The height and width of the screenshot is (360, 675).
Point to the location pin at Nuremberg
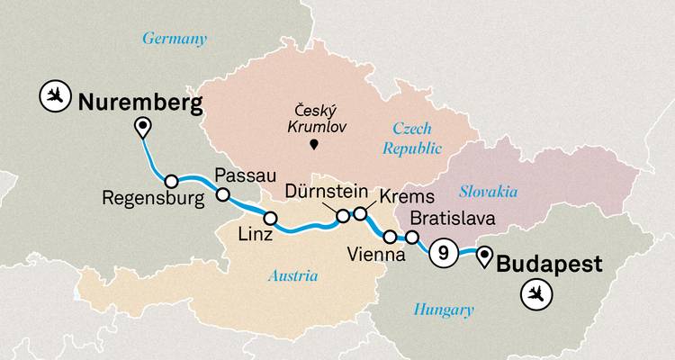pyautogui.click(x=141, y=128)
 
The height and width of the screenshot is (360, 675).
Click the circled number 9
pyautogui.click(x=442, y=254)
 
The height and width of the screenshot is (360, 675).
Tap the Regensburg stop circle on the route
pyautogui.click(x=171, y=181)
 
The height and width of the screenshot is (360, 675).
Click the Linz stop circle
pyautogui.click(x=269, y=218)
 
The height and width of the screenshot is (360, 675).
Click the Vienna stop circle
pyautogui.click(x=390, y=238)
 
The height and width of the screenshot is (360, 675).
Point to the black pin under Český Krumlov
pyautogui.click(x=313, y=145)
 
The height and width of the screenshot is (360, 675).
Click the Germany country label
pyautogui.click(x=175, y=39)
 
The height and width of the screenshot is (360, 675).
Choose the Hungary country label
pyautogui.click(x=443, y=310)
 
